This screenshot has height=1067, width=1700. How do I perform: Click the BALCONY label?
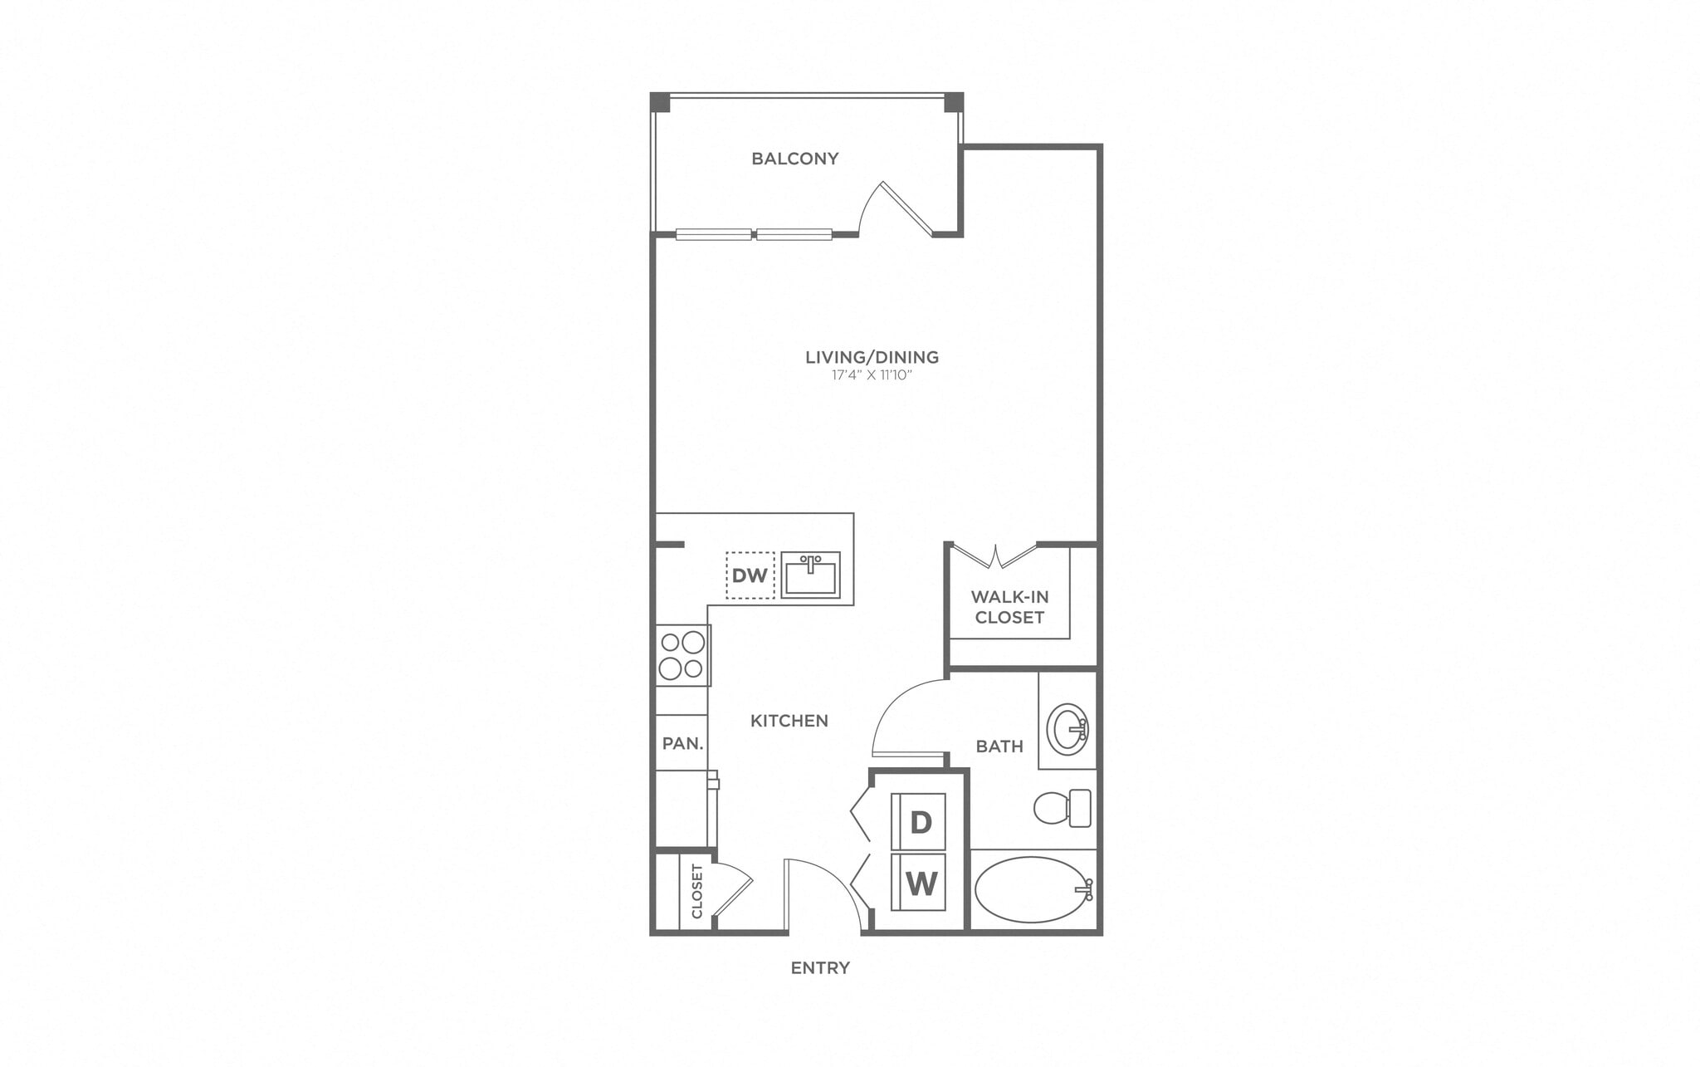tap(794, 159)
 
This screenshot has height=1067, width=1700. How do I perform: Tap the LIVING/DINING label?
tap(872, 357)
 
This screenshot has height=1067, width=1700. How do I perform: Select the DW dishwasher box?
tap(750, 575)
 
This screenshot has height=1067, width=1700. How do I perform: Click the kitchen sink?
tap(811, 575)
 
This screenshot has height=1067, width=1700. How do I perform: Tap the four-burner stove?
tap(682, 655)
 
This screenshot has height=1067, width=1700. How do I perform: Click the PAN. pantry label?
tap(682, 743)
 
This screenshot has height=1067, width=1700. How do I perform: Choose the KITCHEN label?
tap(789, 721)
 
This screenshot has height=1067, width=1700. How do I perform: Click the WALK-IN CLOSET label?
tap(1009, 607)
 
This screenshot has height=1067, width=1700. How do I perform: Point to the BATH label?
tap(999, 746)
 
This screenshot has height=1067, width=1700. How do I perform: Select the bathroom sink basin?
tap(1067, 728)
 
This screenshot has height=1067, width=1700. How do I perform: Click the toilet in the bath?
tap(1062, 807)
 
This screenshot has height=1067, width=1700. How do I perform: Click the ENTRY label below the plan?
tap(819, 967)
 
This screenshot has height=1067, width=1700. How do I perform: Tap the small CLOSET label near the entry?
tap(696, 891)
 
